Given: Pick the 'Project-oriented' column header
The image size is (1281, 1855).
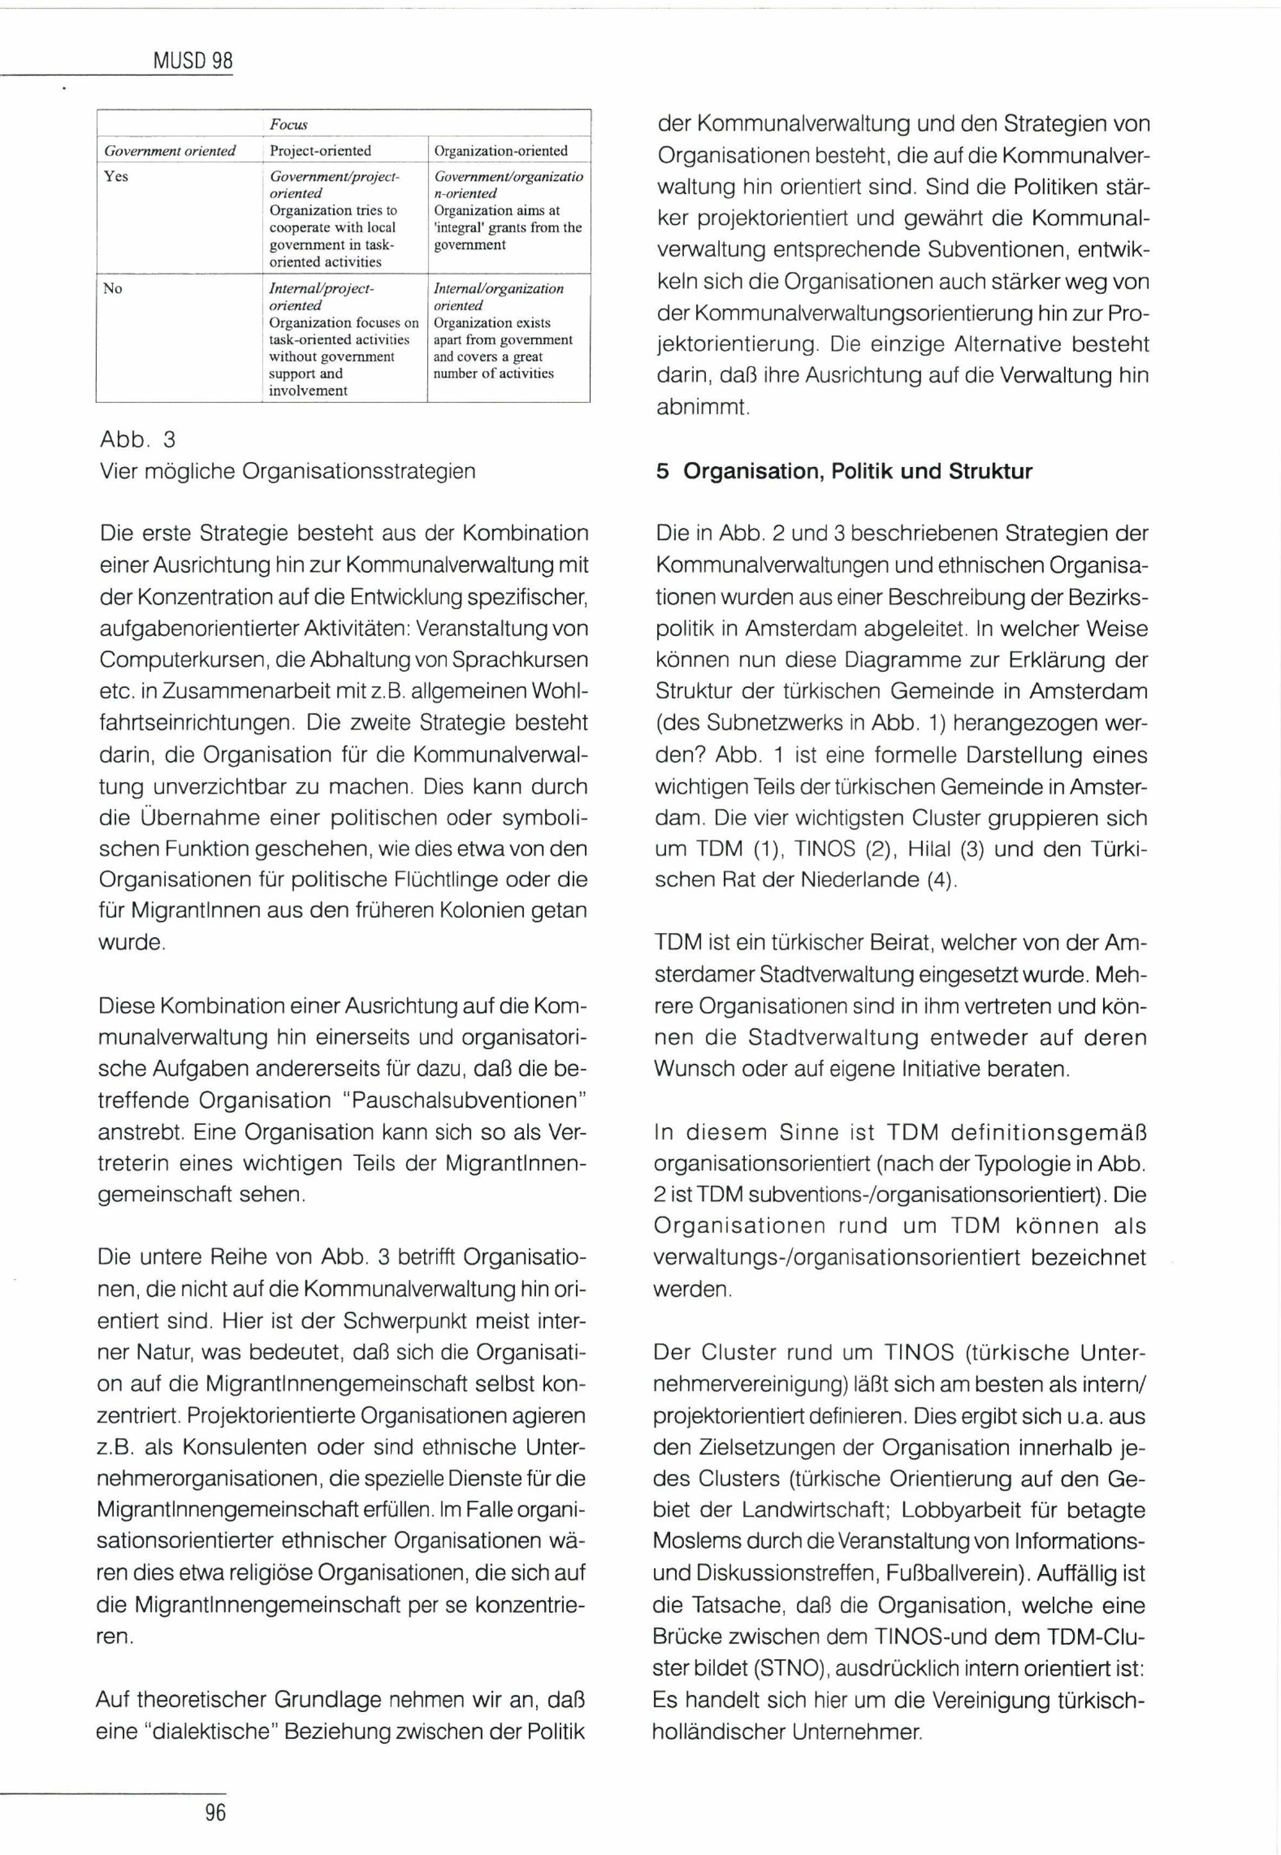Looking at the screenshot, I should point(320,151).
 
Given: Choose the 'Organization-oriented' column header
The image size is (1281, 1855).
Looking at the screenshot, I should point(501,151).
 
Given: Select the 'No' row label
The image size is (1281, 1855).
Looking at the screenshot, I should point(112,288).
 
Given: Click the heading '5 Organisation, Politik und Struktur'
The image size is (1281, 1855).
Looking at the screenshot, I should point(844,471).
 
